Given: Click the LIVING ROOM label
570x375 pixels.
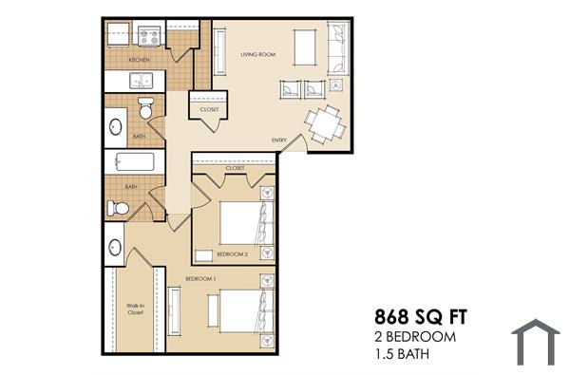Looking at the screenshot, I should point(257,55).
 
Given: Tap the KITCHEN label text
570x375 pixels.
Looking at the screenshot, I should point(140,60).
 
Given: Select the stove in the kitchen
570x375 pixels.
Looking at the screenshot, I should point(149,36).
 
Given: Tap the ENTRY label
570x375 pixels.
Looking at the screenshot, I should point(278,141).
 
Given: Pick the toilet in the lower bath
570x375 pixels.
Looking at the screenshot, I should point(118,207).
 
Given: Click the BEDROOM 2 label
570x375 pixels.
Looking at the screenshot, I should point(232,254).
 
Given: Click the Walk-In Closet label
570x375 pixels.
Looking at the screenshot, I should point(135,309).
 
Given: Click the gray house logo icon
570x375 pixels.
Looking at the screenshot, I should point(536,342).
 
